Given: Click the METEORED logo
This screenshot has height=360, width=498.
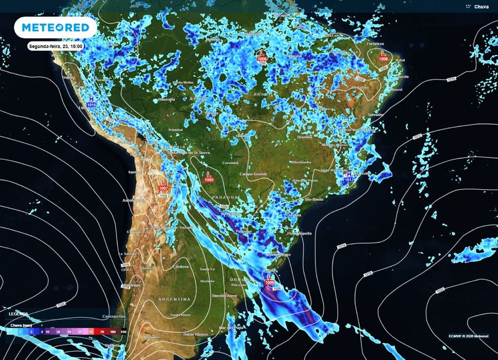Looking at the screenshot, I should pyautogui.click(x=55, y=28).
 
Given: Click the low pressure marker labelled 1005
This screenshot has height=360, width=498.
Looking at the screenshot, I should pyautogui.click(x=209, y=176).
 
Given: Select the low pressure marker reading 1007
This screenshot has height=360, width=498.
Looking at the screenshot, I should pyautogui.click(x=163, y=185).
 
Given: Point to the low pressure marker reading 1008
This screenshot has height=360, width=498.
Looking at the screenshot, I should pyautogui.click(x=383, y=55).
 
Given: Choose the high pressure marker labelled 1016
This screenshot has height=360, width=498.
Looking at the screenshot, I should pyautogui.click(x=91, y=101).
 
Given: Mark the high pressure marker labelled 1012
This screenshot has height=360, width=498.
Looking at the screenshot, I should pyautogui.click(x=349, y=177).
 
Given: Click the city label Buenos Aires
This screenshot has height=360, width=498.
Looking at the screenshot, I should pyautogui.click(x=224, y=295).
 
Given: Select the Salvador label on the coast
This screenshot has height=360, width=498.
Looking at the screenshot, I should pyautogui.click(x=376, y=114).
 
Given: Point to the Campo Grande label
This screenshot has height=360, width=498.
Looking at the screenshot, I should pyautogui.click(x=253, y=174).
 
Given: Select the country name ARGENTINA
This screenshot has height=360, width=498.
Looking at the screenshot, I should pyautogui.click(x=174, y=299).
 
